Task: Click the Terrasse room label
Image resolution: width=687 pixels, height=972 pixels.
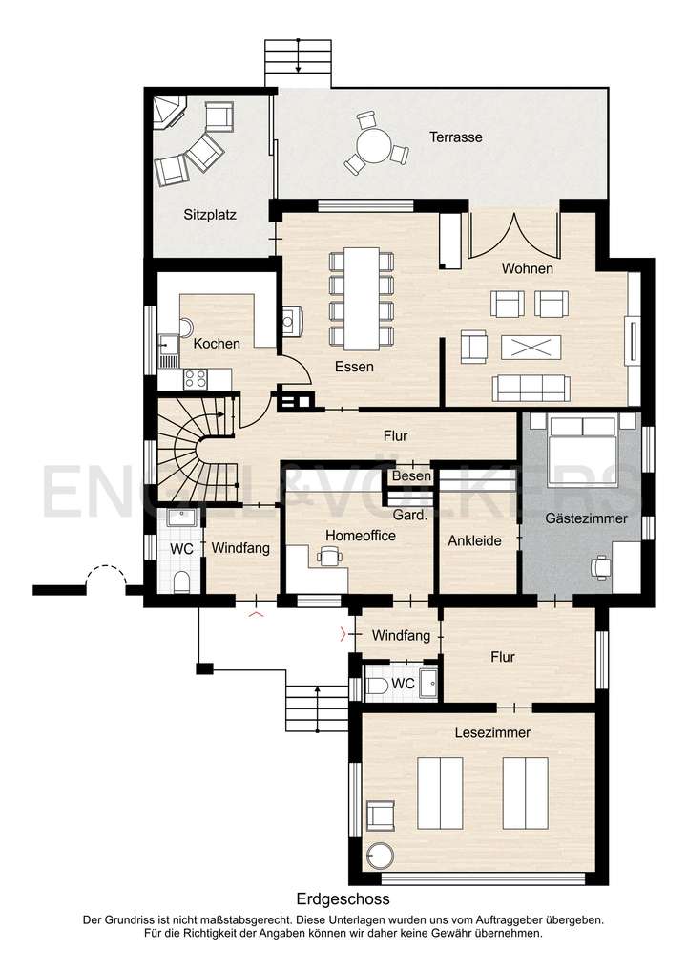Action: (x=455, y=137)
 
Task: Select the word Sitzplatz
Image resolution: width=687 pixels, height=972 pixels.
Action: (x=209, y=215)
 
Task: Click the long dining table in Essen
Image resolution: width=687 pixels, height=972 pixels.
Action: (x=362, y=298)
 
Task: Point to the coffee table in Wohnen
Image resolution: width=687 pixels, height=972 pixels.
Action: (x=532, y=347)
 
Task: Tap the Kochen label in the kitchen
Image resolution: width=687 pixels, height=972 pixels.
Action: (x=217, y=343)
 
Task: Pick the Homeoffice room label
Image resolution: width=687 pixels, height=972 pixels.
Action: (x=360, y=537)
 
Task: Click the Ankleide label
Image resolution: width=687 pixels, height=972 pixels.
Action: (x=474, y=540)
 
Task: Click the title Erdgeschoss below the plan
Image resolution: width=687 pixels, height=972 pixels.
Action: (x=343, y=899)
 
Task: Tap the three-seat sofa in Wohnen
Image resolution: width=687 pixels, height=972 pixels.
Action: (x=530, y=388)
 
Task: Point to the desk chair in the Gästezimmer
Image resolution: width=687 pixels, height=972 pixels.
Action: (x=601, y=566)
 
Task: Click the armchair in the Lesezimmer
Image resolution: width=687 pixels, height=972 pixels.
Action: (x=381, y=814)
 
